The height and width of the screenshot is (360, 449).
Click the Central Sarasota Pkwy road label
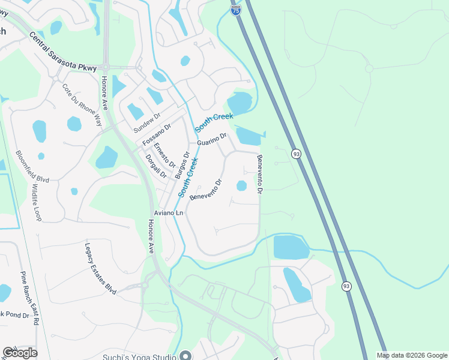pos(62,52)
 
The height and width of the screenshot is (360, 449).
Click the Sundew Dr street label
pos(148,123)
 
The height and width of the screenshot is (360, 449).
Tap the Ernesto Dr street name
pos(164,155)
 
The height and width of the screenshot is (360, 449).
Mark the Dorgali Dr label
pos(156,166)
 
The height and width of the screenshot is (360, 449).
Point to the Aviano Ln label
pos(167,213)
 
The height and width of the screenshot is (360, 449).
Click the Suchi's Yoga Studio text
pos(142,355)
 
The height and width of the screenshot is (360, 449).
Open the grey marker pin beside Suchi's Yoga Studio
pos(185,355)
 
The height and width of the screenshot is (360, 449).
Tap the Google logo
pos(20,353)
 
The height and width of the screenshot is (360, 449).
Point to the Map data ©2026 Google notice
pos(411,355)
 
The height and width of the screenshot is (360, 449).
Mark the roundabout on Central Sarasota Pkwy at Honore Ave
pos(105,67)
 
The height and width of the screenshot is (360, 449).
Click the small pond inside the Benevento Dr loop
pos(241,186)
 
